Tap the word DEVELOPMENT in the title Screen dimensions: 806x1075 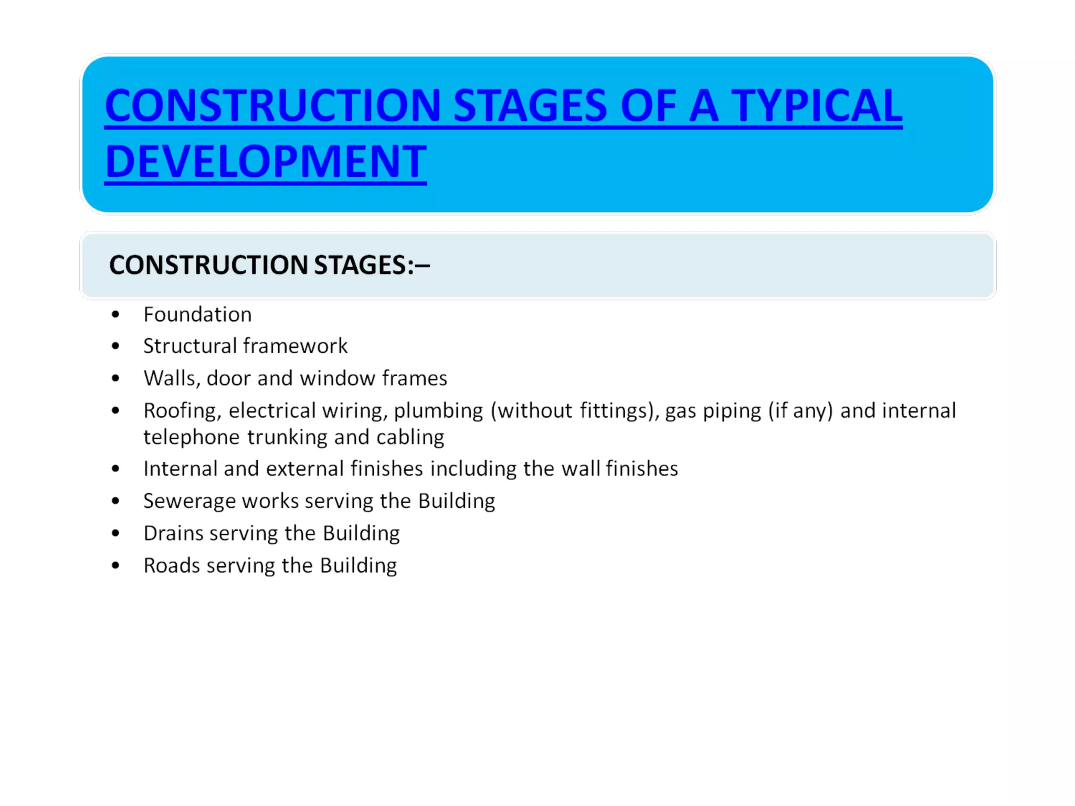tap(266, 162)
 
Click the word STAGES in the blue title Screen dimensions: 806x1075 tap(530, 106)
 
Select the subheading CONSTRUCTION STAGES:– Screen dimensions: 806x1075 tap(269, 265)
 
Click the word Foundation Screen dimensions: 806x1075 tap(197, 315)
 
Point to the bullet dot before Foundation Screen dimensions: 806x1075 tap(115, 315)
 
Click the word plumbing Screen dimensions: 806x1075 tap(438, 411)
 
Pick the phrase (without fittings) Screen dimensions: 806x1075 tap(575, 411)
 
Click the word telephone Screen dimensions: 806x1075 tap(192, 437)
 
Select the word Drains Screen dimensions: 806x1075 tap(173, 534)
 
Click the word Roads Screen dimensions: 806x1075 tap(172, 566)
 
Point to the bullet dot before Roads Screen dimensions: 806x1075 tap(115, 566)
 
